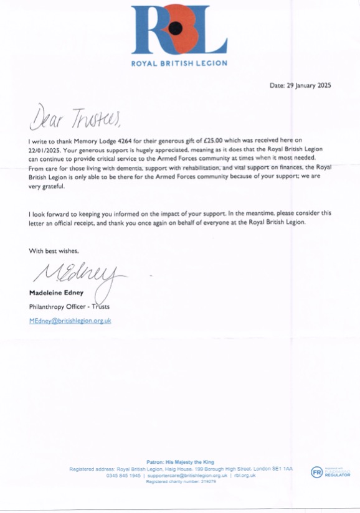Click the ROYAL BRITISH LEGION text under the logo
point(179,64)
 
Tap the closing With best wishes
point(54,251)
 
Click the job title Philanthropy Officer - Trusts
point(70,307)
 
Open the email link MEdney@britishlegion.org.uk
point(70,321)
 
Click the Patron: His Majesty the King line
point(179,462)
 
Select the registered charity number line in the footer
point(179,482)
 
